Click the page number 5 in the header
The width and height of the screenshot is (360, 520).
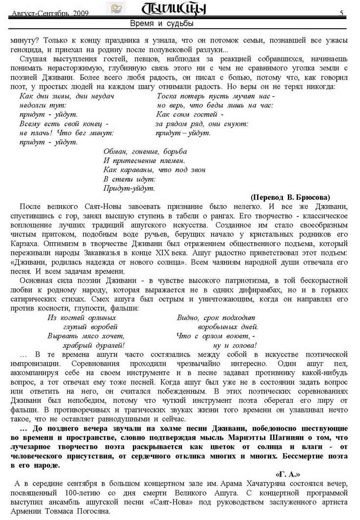tap(342, 13)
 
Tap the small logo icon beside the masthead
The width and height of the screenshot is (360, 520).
tap(116, 8)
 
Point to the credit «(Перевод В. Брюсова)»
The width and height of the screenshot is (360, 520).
tap(290, 197)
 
